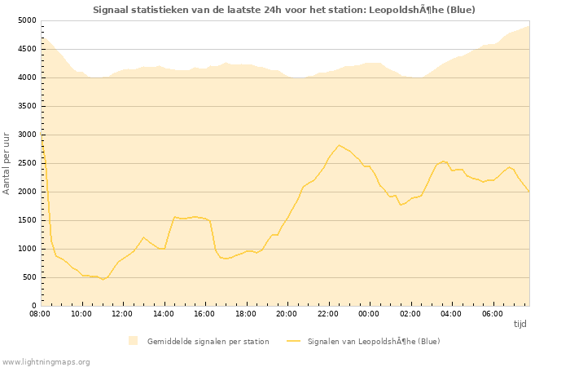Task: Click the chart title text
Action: (x=284, y=10)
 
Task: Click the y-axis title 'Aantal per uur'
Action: (x=7, y=162)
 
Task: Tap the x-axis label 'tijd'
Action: (x=520, y=324)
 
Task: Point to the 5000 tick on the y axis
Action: (x=27, y=20)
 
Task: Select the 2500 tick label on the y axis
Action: (x=27, y=163)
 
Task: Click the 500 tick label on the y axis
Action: (x=29, y=277)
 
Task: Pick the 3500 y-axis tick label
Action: (x=27, y=106)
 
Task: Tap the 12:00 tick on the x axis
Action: (x=122, y=313)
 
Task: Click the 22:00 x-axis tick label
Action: (x=328, y=313)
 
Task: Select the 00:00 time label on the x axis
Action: (x=369, y=313)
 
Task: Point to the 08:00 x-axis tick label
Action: (x=40, y=313)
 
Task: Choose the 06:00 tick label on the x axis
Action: (x=493, y=313)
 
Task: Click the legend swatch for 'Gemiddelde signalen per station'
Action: (x=133, y=341)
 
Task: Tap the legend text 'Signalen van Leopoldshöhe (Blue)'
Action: (x=373, y=341)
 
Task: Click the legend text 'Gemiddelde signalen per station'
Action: (x=208, y=341)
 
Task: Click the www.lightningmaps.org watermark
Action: (x=46, y=361)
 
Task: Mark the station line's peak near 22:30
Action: (x=339, y=145)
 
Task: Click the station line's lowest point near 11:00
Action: (x=103, y=280)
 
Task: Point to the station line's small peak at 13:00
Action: (x=143, y=237)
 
